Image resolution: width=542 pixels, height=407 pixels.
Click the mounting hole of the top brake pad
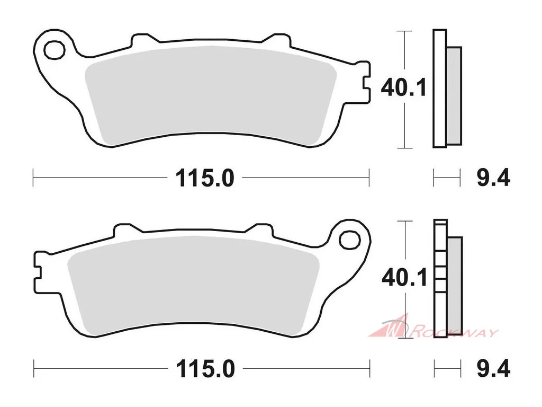[x=55, y=50]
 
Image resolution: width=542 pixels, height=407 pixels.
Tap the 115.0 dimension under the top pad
[x=205, y=178]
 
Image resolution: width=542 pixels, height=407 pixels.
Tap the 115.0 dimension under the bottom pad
[x=206, y=369]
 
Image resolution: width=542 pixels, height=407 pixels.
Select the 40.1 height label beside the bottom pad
[x=404, y=277]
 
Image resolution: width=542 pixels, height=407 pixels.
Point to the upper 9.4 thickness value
[x=493, y=178]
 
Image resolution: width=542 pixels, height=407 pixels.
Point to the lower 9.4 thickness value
[x=493, y=368]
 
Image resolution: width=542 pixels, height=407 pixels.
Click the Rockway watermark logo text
[x=455, y=333]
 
